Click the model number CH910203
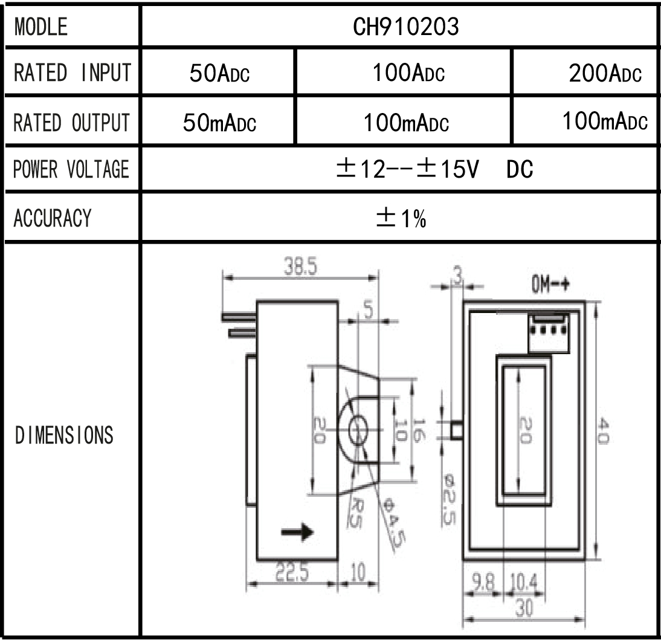[x=405, y=27]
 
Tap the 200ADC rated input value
[x=605, y=73]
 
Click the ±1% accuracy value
[x=401, y=218]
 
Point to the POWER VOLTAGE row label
[x=71, y=169]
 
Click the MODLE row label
[x=41, y=27]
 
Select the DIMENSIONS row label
[x=64, y=435]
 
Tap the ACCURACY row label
[x=53, y=218]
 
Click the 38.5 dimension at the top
[x=300, y=267]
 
